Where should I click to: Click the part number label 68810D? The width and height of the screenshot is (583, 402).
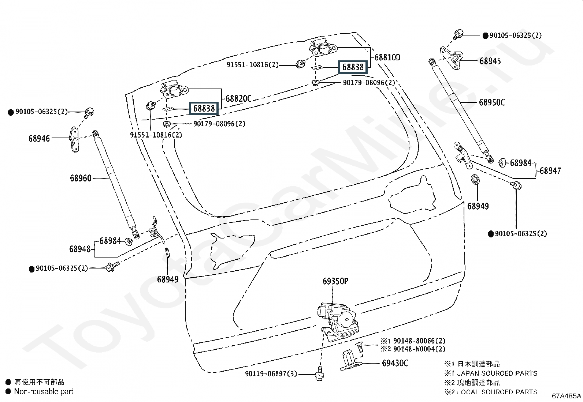click(x=387, y=57)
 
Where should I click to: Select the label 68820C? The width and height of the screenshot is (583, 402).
click(x=238, y=98)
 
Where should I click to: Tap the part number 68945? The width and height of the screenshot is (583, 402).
click(x=490, y=61)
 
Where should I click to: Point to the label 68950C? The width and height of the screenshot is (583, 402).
click(x=492, y=102)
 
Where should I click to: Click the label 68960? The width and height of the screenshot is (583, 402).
click(x=81, y=179)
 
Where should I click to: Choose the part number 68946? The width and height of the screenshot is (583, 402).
click(x=39, y=139)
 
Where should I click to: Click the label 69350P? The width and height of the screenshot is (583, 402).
click(x=335, y=281)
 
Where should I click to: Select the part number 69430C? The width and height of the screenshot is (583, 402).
click(x=395, y=363)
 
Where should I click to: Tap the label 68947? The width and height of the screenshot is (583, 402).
click(x=550, y=171)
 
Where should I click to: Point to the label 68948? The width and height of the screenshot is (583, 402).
click(x=80, y=249)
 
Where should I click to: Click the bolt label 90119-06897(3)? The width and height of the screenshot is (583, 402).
click(x=271, y=374)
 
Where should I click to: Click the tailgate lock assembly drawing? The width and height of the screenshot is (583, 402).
click(x=338, y=322)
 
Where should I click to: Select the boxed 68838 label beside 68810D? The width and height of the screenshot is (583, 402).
click(x=353, y=67)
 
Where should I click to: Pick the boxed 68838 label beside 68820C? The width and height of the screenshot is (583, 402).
click(x=204, y=108)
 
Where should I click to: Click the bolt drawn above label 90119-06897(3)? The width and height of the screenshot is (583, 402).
click(x=320, y=374)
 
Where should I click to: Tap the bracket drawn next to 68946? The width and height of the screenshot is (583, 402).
click(x=74, y=140)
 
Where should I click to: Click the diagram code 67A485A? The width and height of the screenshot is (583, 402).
click(x=567, y=396)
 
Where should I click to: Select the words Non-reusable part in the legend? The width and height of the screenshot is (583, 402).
click(x=44, y=392)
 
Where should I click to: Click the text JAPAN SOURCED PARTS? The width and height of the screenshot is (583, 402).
click(x=497, y=373)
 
